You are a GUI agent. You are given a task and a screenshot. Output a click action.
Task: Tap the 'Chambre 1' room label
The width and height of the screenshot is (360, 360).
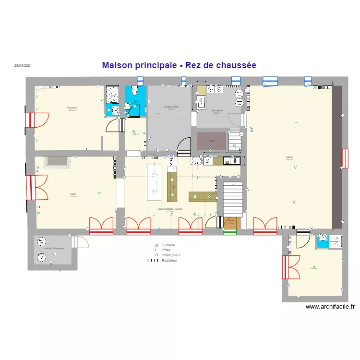pyautogui.click(x=73, y=108)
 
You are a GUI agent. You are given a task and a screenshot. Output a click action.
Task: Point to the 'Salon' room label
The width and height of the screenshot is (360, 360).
pyautogui.click(x=73, y=194)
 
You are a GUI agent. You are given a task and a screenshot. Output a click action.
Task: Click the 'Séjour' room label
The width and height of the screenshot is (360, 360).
pyautogui.click(x=289, y=157)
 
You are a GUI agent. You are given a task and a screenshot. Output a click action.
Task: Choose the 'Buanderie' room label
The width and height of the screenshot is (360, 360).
pyautogui.click(x=217, y=110)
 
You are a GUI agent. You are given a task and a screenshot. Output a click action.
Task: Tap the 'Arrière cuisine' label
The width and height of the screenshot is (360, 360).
pyautogui.click(x=171, y=107)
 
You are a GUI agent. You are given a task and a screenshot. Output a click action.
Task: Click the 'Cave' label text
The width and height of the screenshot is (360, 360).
pyautogui.click(x=212, y=141)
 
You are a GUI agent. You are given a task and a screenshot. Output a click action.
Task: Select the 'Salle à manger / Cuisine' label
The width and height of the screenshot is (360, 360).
pyautogui.click(x=170, y=209)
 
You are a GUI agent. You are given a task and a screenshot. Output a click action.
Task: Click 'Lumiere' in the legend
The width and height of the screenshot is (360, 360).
pyautogui.click(x=169, y=245)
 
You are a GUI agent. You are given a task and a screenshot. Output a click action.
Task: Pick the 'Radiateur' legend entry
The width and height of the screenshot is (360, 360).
pyautogui.click(x=170, y=261)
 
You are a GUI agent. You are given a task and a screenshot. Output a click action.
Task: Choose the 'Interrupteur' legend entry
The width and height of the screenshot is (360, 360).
pyautogui.click(x=171, y=255)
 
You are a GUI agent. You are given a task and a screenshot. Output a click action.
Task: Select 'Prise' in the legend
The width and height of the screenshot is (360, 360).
pyautogui.click(x=166, y=250)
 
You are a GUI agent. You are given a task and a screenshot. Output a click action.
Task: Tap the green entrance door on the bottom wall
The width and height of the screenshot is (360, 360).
pyautogui.click(x=230, y=232)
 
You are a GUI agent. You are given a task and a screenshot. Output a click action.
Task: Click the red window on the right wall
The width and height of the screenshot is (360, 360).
pyautogui.click(x=345, y=159)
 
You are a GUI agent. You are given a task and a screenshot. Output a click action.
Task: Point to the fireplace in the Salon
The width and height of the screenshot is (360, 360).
pyautogui.click(x=57, y=162)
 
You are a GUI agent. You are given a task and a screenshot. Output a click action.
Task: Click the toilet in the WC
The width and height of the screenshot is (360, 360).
pyautogui.click(x=133, y=91)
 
